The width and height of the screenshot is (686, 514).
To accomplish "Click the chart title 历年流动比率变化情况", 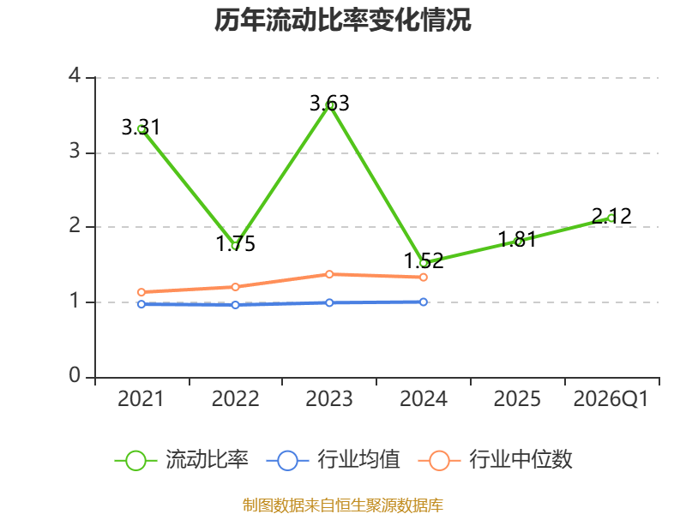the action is point(342,20).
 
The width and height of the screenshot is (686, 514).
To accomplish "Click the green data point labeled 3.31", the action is point(141,129).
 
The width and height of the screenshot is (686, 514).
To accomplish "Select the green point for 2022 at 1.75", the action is point(235,245).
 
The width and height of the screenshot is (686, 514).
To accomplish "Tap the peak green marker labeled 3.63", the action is point(329,105).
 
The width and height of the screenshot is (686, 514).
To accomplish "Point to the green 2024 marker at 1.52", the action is point(424,263).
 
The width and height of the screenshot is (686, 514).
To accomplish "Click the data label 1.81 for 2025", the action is point(517,240).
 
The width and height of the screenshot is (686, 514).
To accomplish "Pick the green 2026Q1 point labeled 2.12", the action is point(611,218).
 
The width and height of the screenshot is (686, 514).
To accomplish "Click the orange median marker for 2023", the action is point(329,274).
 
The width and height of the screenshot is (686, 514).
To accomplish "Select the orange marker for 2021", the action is point(141,292).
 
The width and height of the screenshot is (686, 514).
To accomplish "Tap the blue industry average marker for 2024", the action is point(424,302).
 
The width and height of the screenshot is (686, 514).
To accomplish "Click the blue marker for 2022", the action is point(235,305).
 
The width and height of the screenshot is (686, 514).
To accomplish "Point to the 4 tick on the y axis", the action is point(75,75).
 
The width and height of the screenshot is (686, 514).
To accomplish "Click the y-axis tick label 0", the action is point(75,375).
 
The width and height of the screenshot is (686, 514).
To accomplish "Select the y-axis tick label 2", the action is point(75,225).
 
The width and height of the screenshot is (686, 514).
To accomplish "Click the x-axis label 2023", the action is point(329,399).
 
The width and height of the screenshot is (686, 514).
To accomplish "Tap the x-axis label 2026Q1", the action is point(611,399).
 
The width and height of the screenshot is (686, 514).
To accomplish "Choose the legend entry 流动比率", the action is point(181,460).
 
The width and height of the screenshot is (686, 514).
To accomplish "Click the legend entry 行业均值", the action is point(333,460).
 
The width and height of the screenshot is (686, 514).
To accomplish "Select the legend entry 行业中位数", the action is point(496,460).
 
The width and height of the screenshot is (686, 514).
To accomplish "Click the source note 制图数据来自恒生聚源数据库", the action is point(343,505).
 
